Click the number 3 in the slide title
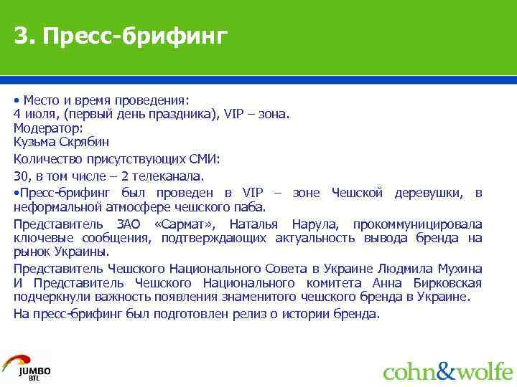tap(22, 35)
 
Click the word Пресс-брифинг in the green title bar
tap(134, 36)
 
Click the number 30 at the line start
tap(20, 176)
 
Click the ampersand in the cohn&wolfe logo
tap(446, 371)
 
